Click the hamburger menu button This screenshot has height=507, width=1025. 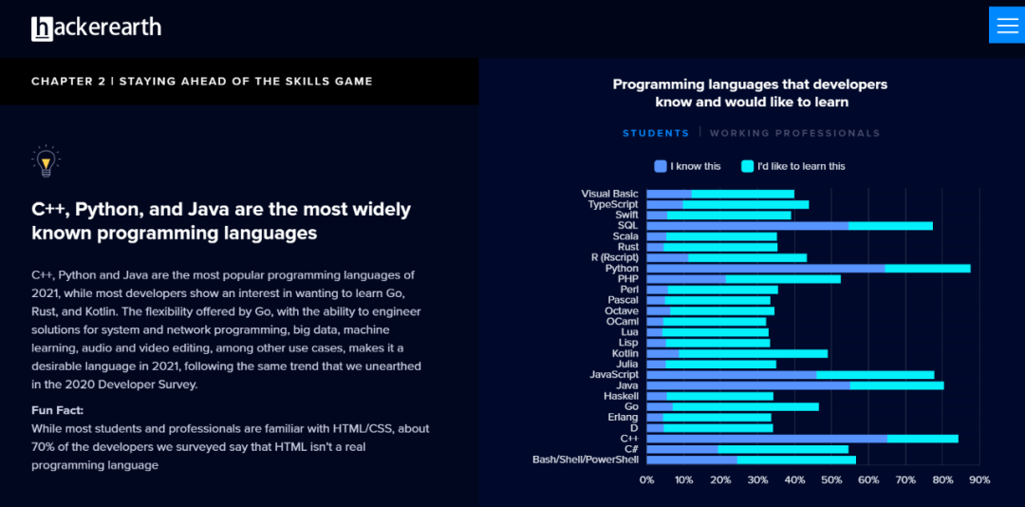click(x=1007, y=26)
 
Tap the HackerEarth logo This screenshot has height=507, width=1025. click(x=96, y=28)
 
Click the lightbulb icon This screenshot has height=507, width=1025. click(x=45, y=161)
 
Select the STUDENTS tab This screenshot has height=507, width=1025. click(x=656, y=134)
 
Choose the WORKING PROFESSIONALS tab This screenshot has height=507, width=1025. click(x=794, y=134)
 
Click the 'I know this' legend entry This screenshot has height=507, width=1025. click(x=688, y=166)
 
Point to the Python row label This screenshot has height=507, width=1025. click(x=622, y=269)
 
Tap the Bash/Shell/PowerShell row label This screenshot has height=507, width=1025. click(x=586, y=460)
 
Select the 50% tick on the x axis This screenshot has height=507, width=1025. click(x=831, y=480)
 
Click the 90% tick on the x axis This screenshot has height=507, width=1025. click(x=979, y=480)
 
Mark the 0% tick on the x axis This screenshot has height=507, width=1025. click(x=647, y=480)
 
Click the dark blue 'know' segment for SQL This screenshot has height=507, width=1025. click(x=747, y=226)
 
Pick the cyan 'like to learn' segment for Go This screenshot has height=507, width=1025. click(x=745, y=406)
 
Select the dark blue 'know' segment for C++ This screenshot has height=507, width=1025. click(x=767, y=439)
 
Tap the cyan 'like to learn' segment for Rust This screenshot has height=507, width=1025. click(x=719, y=247)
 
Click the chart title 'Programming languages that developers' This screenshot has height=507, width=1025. click(x=750, y=84)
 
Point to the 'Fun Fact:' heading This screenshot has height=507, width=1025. click(x=57, y=410)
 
